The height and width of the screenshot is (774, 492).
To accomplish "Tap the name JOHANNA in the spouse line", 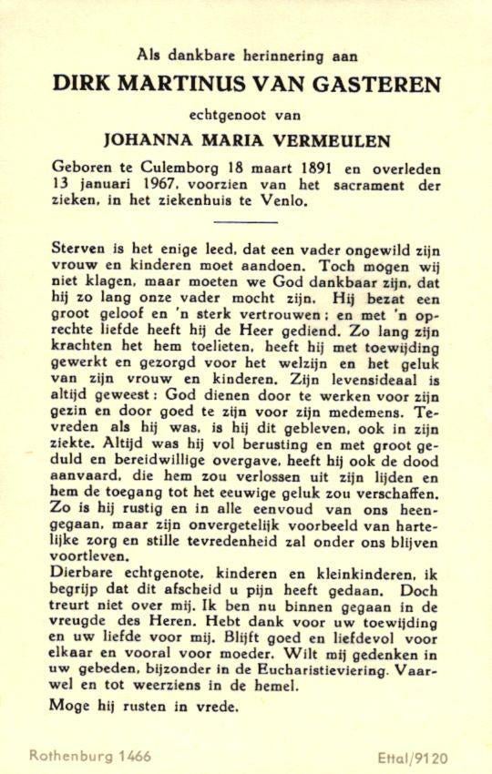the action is [150, 141].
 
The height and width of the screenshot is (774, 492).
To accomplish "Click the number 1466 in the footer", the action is [133, 756].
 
